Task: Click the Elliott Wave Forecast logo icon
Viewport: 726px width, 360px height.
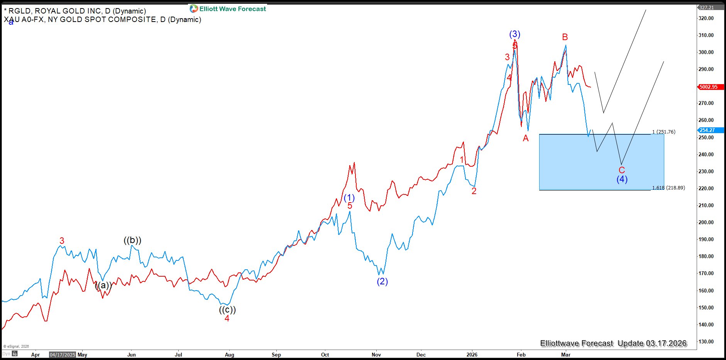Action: point(193,8)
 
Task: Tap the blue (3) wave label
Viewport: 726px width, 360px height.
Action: point(514,34)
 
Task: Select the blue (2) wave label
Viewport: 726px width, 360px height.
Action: point(382,281)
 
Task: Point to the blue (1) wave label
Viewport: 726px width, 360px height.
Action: point(349,198)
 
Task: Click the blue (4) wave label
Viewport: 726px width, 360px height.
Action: point(622,179)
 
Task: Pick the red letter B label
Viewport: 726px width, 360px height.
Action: point(565,37)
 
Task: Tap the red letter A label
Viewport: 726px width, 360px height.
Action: point(525,138)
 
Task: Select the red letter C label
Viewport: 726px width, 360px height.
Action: point(621,170)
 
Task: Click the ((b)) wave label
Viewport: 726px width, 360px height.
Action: point(132,240)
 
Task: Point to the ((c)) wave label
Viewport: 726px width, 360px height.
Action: point(227,309)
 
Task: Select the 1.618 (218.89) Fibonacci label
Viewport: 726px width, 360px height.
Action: point(668,188)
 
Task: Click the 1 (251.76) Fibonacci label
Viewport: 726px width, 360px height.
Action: point(664,132)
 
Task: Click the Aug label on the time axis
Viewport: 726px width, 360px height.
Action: point(229,355)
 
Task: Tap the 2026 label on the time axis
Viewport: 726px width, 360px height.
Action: point(472,355)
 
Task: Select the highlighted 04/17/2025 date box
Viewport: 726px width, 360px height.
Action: point(63,355)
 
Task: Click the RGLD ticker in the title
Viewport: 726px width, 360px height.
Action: point(19,11)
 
